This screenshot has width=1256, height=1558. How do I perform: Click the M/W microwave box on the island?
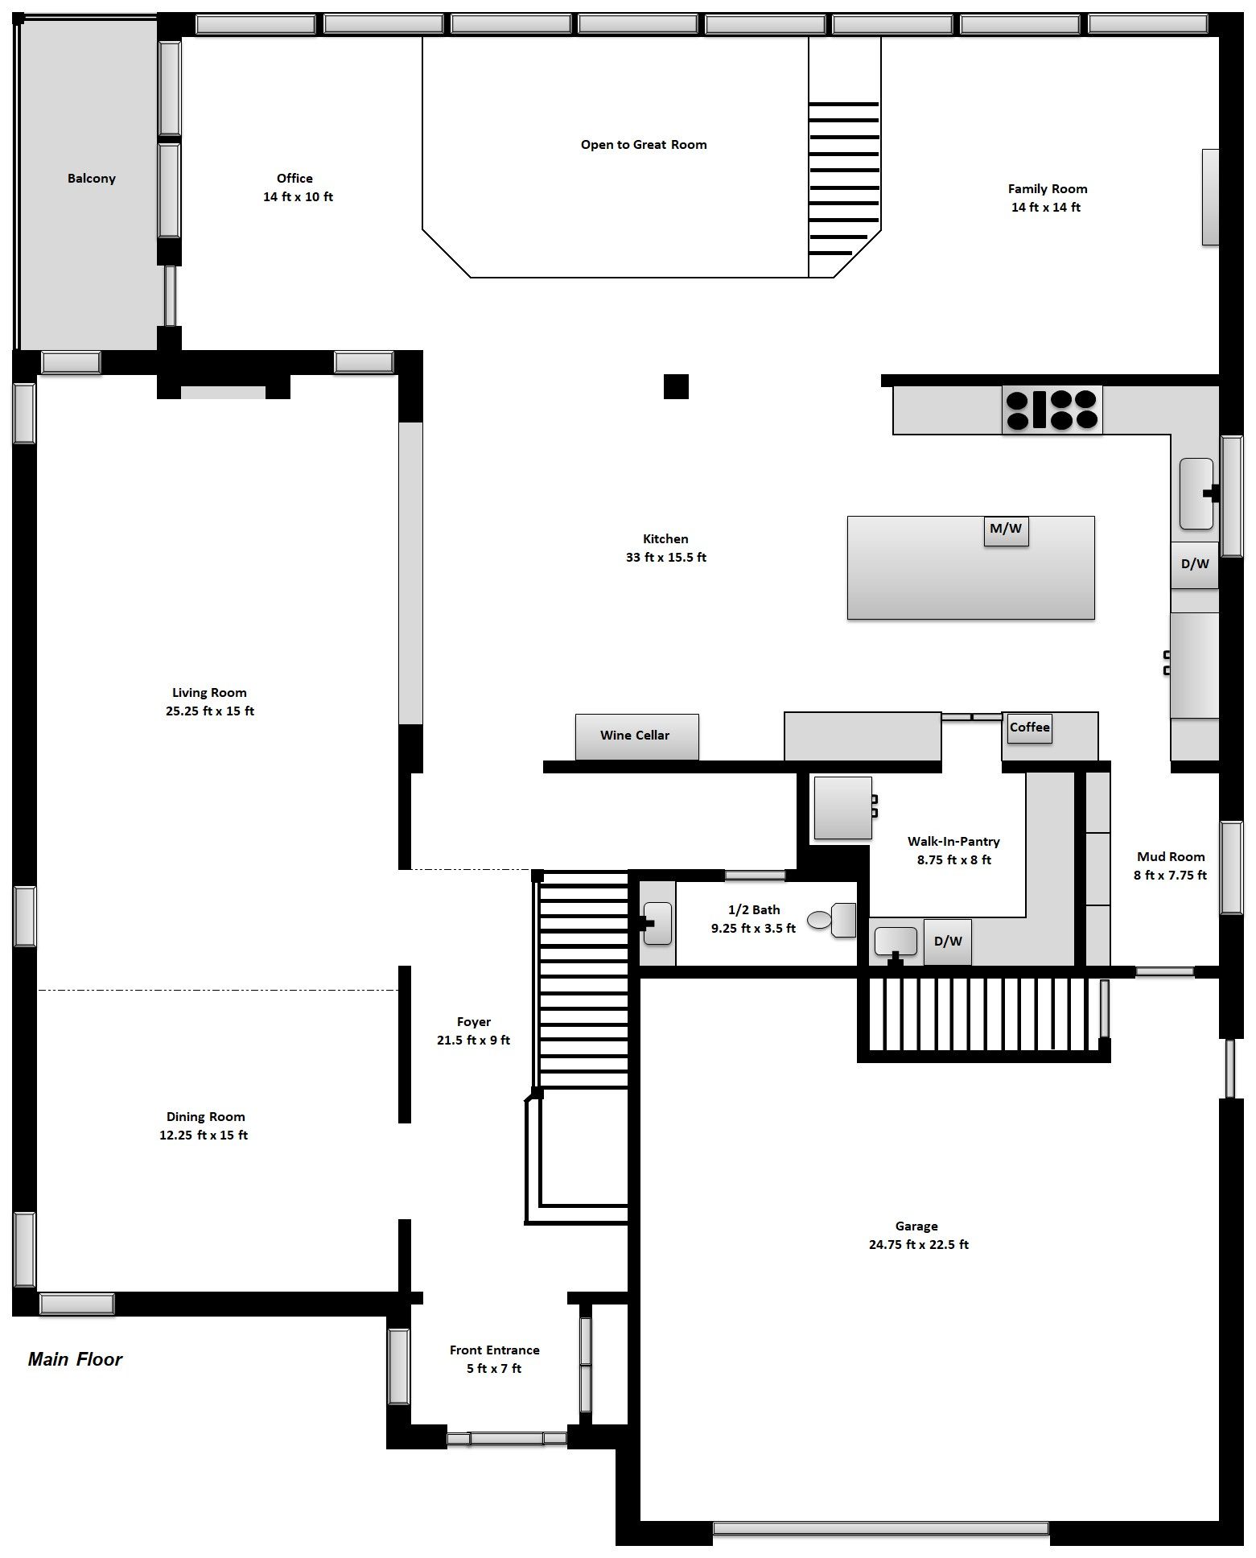point(1006,530)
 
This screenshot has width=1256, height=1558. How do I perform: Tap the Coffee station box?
point(1029,727)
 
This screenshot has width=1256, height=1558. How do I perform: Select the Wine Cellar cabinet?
point(636,736)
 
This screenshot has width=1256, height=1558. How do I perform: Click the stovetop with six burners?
point(1052,410)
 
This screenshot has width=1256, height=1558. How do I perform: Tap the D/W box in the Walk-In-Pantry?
point(947,942)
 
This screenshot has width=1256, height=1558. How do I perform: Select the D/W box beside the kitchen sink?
point(1194,564)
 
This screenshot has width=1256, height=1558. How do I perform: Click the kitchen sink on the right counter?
point(1196,493)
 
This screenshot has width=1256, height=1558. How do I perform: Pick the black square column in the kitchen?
point(676,386)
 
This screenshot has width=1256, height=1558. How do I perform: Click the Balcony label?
point(91,179)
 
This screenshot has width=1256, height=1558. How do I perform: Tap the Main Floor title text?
point(75,1359)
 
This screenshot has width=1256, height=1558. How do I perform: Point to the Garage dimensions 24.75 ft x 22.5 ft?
point(918,1245)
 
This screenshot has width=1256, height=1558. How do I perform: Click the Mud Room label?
point(1171,857)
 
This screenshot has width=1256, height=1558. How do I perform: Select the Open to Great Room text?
point(644,145)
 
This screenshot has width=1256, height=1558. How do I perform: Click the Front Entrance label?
point(494,1350)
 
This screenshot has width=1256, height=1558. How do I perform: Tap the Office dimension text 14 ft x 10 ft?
point(298,197)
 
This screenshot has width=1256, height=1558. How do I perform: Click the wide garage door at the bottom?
point(881,1528)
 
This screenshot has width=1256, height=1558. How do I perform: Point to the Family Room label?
point(1048,189)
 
